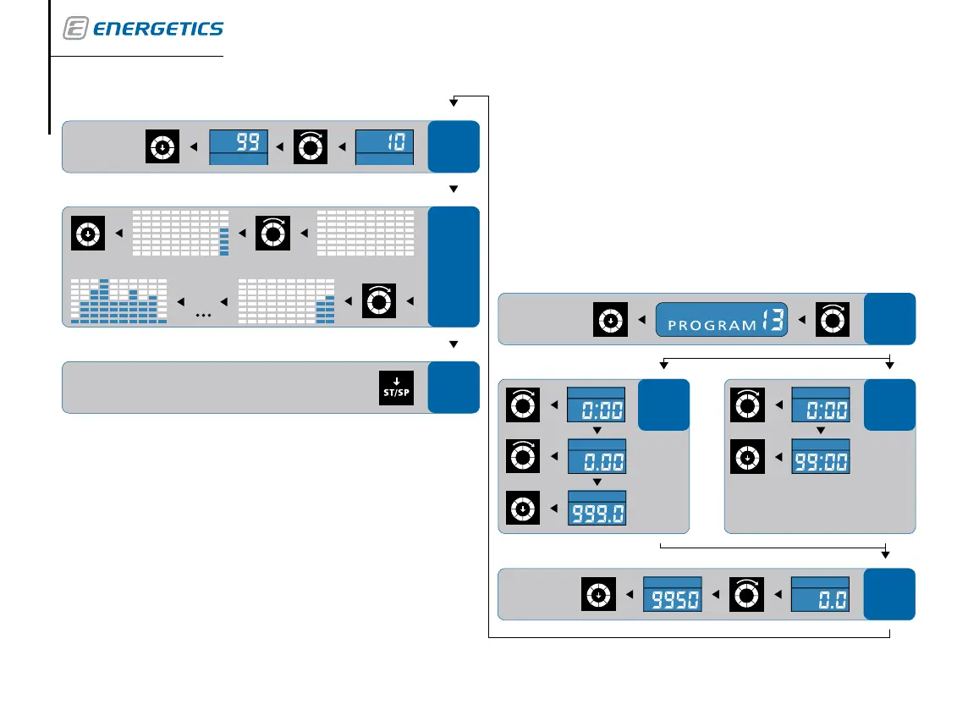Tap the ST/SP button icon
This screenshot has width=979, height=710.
click(x=397, y=388)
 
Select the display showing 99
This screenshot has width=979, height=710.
click(x=239, y=146)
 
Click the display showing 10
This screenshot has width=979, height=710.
click(x=384, y=146)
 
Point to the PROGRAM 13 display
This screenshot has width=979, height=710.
click(x=722, y=320)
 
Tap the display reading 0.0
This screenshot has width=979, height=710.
click(x=820, y=594)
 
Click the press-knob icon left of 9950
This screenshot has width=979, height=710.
click(x=598, y=594)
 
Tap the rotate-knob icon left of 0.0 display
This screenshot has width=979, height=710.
click(x=745, y=594)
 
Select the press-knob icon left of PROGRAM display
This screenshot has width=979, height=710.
click(x=610, y=320)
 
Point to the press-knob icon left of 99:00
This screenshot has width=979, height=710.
click(x=745, y=460)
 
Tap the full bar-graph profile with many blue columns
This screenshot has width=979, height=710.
click(x=118, y=300)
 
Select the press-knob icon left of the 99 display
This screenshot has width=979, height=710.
click(x=162, y=147)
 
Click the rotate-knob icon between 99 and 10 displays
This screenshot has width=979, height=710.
click(x=310, y=147)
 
